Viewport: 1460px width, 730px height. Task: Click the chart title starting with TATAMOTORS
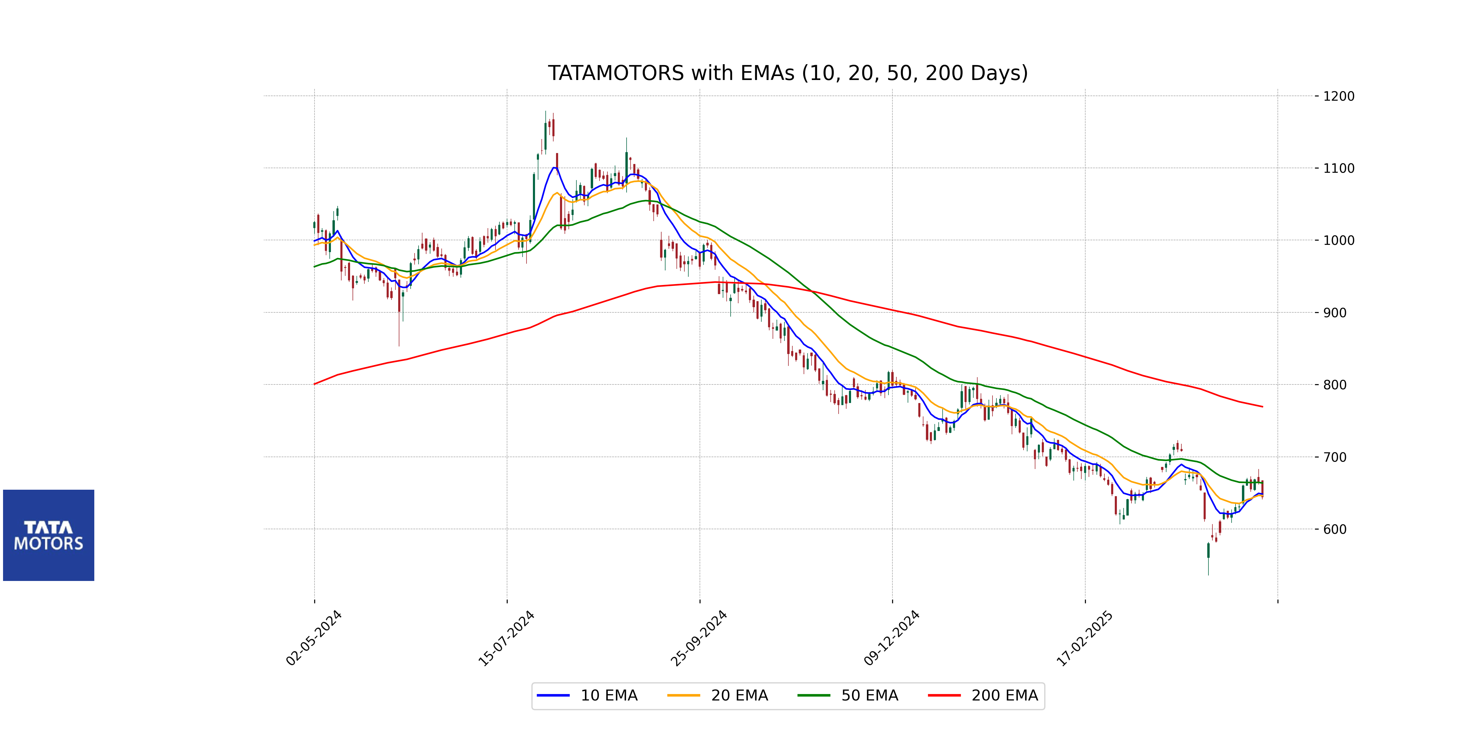point(787,73)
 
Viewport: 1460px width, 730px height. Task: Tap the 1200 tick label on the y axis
point(1339,96)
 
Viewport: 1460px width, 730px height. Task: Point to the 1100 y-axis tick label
point(1339,168)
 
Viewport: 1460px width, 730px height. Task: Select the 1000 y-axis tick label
point(1339,240)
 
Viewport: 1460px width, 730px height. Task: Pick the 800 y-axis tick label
point(1335,385)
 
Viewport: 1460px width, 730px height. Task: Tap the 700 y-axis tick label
point(1335,457)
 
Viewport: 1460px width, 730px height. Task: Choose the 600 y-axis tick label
point(1335,529)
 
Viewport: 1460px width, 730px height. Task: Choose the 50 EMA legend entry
point(848,695)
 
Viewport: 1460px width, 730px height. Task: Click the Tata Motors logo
point(49,535)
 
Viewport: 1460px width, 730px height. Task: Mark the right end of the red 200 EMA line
point(1262,406)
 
